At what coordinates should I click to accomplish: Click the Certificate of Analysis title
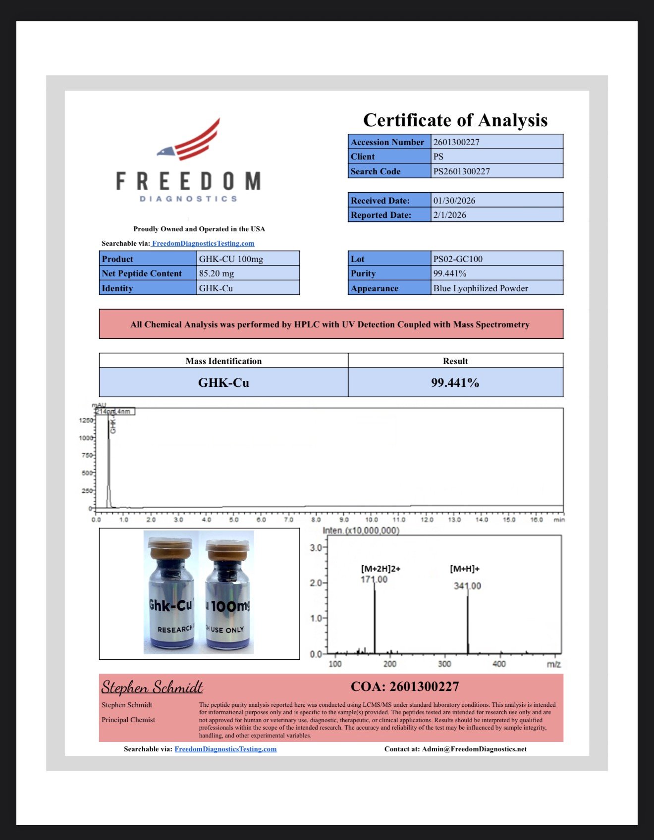point(455,120)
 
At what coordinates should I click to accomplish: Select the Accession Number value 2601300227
point(456,142)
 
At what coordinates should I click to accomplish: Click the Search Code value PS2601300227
point(461,171)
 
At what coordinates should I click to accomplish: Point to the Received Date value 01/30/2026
point(454,201)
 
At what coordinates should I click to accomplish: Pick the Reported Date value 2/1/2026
point(449,215)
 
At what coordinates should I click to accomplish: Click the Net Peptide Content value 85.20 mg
point(217,273)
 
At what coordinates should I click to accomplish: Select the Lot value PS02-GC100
point(457,259)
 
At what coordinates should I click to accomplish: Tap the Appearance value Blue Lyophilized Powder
point(480,288)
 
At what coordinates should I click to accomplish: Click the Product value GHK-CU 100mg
point(231,259)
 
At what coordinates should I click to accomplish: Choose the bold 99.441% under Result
point(455,383)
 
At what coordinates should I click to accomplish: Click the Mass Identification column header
point(223,361)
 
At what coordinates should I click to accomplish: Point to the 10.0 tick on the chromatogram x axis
point(372,520)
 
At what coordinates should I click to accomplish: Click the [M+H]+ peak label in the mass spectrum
point(464,569)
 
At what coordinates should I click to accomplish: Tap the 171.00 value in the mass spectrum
point(374,579)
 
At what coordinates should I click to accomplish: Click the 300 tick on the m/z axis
point(444,664)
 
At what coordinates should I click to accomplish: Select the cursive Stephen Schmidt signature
point(152,687)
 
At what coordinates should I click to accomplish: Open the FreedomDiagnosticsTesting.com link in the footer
point(225,749)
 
